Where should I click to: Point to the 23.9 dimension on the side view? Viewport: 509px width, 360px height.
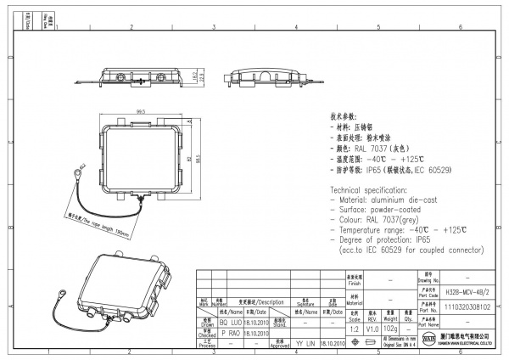click(199, 78)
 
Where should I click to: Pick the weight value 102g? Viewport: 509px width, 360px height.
click(390, 328)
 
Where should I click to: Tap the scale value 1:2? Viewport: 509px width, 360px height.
click(353, 328)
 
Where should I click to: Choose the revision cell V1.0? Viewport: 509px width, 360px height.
click(372, 328)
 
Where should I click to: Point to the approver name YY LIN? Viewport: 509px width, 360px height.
click(305, 343)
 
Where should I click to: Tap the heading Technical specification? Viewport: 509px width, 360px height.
click(366, 188)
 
